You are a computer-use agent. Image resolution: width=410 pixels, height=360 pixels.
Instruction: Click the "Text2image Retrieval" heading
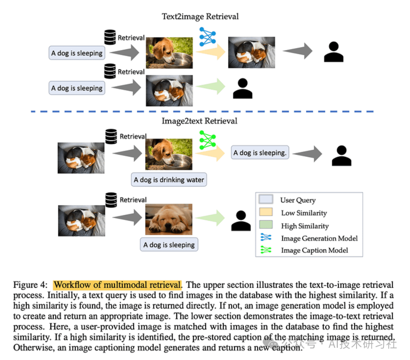pyautogui.click(x=200, y=16)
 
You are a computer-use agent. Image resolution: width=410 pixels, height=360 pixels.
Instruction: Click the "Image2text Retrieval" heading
pyautogui.click(x=199, y=121)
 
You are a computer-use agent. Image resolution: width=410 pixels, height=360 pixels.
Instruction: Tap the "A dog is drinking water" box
pyautogui.click(x=169, y=180)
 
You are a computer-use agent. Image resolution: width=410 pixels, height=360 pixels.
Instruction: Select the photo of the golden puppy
pyautogui.click(x=169, y=219)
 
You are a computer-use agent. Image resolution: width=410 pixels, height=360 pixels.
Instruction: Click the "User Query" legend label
pyautogui.click(x=298, y=200)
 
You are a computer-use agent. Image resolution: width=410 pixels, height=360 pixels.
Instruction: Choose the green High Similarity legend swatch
pyautogui.click(x=266, y=226)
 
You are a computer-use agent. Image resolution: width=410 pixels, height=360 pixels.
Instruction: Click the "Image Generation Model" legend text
pyautogui.click(x=319, y=239)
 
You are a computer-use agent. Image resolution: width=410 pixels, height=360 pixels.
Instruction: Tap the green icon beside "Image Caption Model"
pyautogui.click(x=266, y=250)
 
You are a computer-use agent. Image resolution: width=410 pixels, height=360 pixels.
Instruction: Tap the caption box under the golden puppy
pyautogui.click(x=169, y=245)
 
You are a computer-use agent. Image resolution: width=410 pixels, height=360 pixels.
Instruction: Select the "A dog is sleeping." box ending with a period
pyautogui.click(x=260, y=153)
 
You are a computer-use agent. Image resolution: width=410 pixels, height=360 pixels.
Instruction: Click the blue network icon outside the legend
pyautogui.click(x=207, y=37)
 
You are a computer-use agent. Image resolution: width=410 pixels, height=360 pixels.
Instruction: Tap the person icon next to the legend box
pyautogui.click(x=241, y=221)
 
